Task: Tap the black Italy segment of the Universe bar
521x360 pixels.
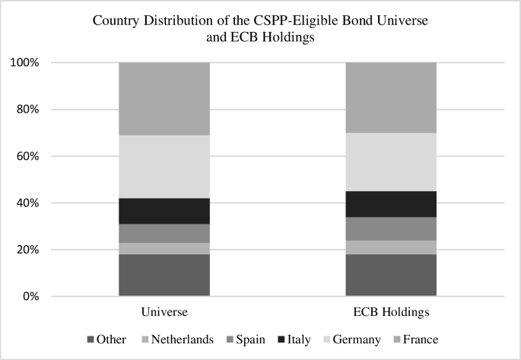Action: click(164, 211)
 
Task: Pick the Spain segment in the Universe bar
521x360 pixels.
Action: click(164, 233)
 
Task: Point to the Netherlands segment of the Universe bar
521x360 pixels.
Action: click(164, 248)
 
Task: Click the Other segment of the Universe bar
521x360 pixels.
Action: click(164, 275)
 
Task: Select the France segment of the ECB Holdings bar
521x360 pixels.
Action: click(391, 97)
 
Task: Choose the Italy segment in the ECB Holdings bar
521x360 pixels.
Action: click(391, 204)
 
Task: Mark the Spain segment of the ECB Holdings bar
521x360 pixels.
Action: click(391, 228)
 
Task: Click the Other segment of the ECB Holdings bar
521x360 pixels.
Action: click(391, 275)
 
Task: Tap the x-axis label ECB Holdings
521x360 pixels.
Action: click(391, 313)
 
